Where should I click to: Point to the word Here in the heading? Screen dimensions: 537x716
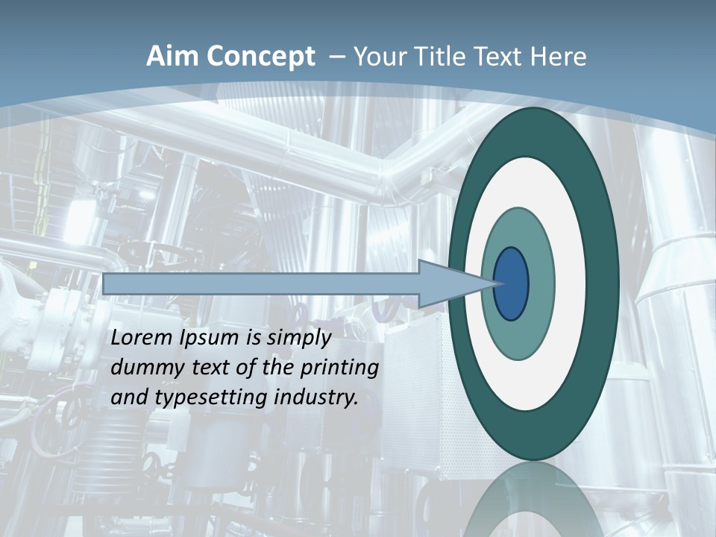pos(558,57)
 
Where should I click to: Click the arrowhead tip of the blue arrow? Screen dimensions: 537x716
pos(494,283)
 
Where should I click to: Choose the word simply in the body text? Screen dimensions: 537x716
pos(298,339)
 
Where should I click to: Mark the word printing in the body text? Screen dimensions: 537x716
pos(340,368)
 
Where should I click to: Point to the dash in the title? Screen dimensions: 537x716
pos(335,57)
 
